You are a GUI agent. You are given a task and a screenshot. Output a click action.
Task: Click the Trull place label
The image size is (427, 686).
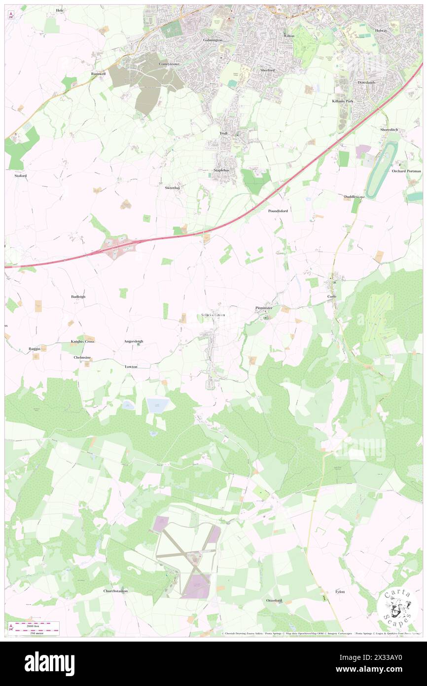pos(223,133)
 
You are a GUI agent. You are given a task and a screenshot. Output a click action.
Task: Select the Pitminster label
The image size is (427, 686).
pos(264,308)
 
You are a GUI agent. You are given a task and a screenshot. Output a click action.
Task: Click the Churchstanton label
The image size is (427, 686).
pos(115,591)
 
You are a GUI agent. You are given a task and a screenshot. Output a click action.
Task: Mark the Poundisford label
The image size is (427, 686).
pos(278,211)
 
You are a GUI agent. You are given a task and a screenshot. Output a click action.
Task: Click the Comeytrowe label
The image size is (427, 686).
pos(167,64)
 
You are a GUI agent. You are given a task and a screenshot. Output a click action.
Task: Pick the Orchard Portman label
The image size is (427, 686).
pos(406,171)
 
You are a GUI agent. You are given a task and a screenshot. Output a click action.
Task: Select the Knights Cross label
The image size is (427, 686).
pos(82,341)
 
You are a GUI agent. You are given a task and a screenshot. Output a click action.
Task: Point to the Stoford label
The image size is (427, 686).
pos(20,175)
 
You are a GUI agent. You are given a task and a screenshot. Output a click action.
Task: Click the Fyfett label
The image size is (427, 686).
pos(340,591)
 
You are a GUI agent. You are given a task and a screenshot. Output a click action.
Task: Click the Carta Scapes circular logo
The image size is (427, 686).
pos(397,606)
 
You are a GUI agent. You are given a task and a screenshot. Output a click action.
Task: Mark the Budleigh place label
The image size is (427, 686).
pos(78,297)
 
